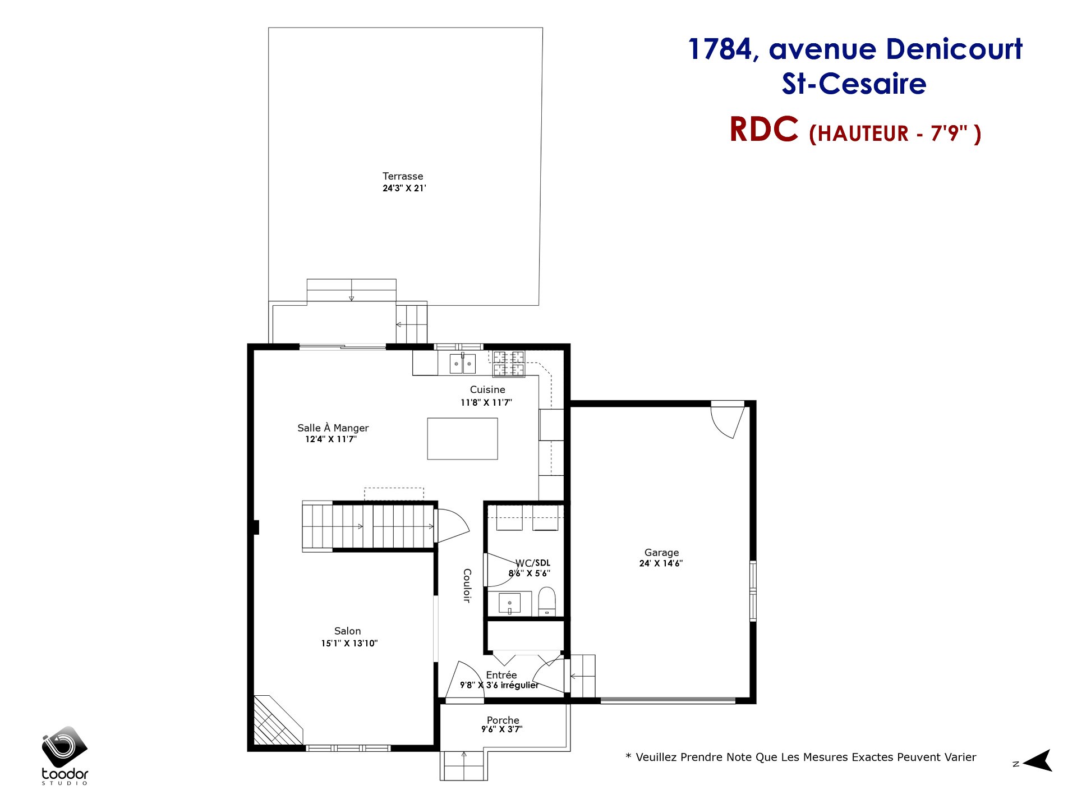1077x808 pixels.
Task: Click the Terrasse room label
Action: (403, 176)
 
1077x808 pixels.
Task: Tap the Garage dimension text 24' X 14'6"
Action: (661, 563)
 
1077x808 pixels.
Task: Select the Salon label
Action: (348, 631)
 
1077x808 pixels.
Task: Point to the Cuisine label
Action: (487, 389)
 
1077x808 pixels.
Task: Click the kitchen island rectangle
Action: (462, 439)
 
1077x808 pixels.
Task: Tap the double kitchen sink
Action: (463, 364)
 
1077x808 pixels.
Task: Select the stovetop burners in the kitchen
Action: (509, 364)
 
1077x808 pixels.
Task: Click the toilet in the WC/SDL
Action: (547, 602)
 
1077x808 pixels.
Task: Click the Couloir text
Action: (467, 585)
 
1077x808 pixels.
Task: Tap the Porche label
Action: (503, 720)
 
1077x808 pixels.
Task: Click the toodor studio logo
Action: (65, 755)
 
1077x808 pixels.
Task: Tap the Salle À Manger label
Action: (333, 428)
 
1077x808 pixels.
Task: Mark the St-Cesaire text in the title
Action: (854, 84)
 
